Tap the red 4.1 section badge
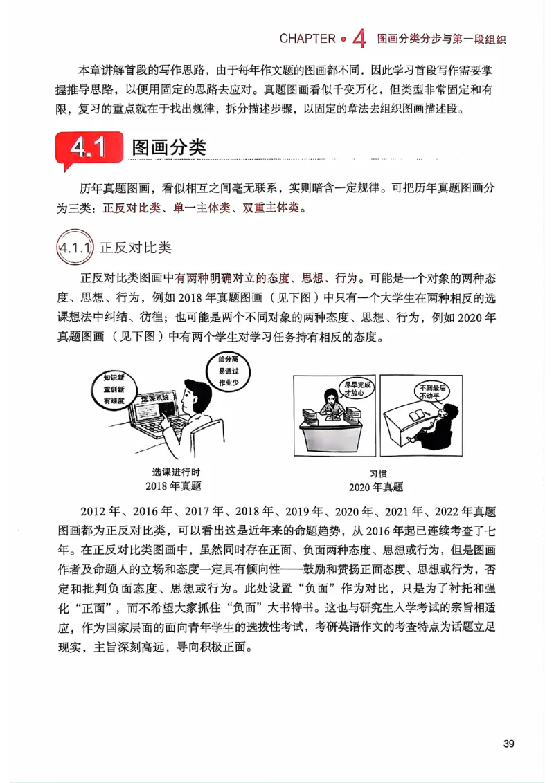click(x=89, y=149)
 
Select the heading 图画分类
click(x=168, y=148)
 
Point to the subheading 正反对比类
click(x=136, y=248)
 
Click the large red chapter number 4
click(x=358, y=39)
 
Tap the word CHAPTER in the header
click(x=307, y=39)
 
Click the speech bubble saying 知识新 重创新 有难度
click(x=113, y=389)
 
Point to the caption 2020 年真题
click(x=376, y=486)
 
